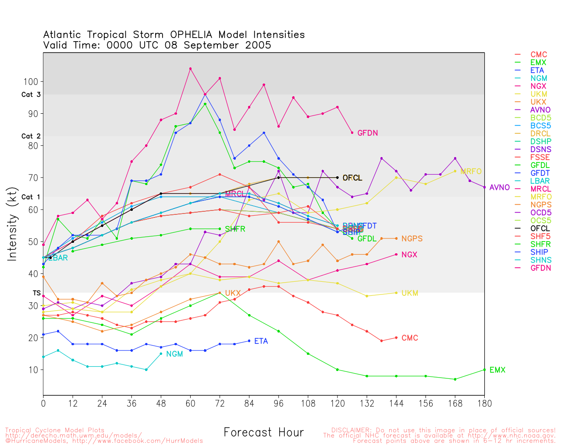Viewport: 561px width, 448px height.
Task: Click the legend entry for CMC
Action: [539, 55]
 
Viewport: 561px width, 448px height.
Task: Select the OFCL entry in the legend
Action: [540, 228]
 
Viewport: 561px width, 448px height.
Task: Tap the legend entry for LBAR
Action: [540, 181]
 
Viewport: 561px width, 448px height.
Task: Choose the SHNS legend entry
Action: [541, 260]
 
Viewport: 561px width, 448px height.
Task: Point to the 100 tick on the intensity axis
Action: [34, 82]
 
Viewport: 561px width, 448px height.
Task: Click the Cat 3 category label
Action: [31, 95]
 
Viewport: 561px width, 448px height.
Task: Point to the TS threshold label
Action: [36, 293]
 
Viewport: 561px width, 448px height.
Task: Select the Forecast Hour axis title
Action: [263, 433]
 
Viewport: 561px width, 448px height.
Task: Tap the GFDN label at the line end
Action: [367, 133]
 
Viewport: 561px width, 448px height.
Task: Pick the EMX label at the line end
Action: [497, 371]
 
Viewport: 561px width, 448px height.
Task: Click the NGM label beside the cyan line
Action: [174, 354]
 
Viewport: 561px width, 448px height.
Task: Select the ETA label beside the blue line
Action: [261, 341]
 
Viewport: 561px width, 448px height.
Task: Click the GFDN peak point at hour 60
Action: [190, 69]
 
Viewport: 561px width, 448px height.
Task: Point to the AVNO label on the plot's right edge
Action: [500, 188]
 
